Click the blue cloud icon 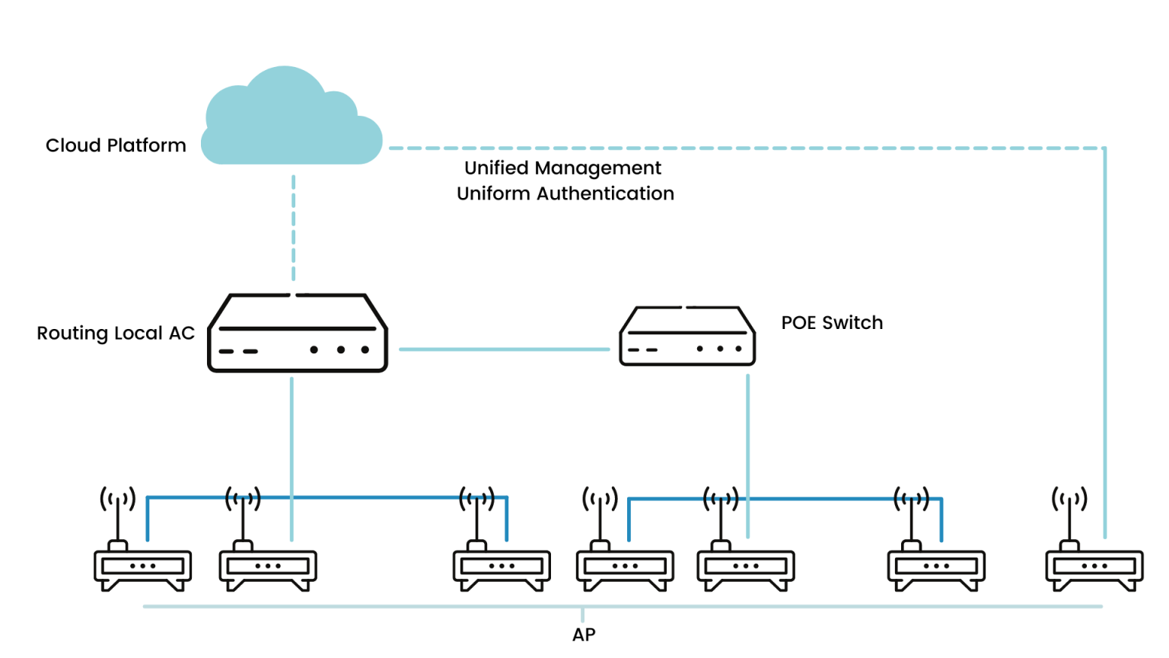[x=291, y=122]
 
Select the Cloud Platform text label [x=116, y=145]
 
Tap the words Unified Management [x=562, y=168]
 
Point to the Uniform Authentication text [x=565, y=193]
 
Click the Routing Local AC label [x=116, y=334]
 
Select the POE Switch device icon [x=687, y=336]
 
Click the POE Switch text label [x=832, y=323]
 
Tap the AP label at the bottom [x=584, y=634]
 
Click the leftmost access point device [x=142, y=567]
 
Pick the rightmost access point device [x=1094, y=567]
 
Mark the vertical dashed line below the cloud [x=294, y=228]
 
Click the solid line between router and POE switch [x=504, y=350]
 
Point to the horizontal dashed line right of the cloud [x=746, y=149]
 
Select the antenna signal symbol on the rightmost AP [x=1069, y=500]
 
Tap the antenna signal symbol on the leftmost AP [x=118, y=500]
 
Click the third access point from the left [x=502, y=567]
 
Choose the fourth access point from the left [x=625, y=567]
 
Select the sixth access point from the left [x=936, y=567]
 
